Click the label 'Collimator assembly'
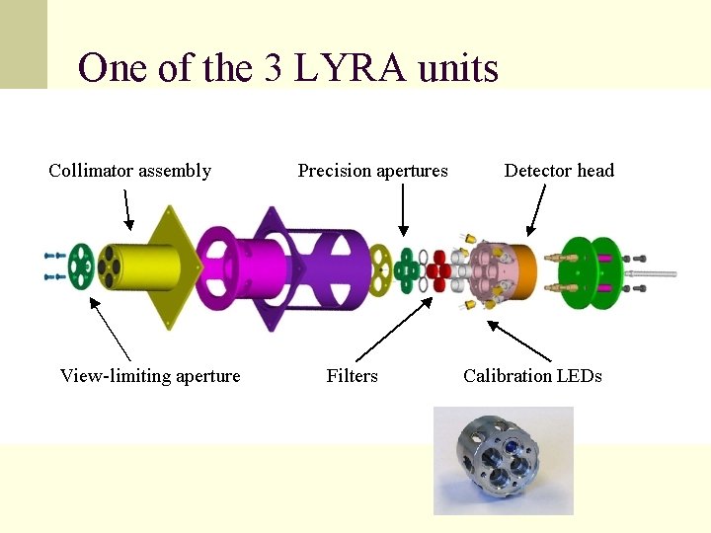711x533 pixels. pyautogui.click(x=129, y=171)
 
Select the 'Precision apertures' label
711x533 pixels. pyautogui.click(x=372, y=171)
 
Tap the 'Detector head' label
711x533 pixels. pyautogui.click(x=559, y=171)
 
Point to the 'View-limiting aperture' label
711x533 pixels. pyautogui.click(x=150, y=375)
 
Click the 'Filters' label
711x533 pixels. pyautogui.click(x=352, y=375)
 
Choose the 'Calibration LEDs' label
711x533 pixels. pyautogui.click(x=532, y=375)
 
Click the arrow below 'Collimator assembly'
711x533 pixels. pyautogui.click(x=127, y=209)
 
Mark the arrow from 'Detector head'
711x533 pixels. pyautogui.click(x=536, y=211)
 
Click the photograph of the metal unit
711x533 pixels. pyautogui.click(x=503, y=460)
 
